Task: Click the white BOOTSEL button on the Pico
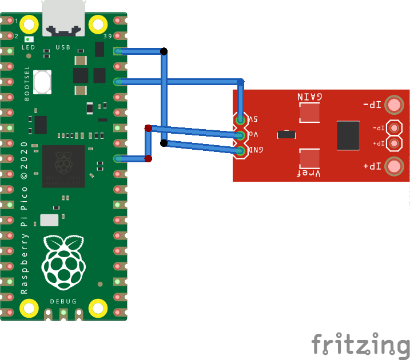point(42,82)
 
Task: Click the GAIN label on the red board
point(309,97)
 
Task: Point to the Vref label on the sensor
point(309,173)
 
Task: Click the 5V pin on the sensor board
point(241,119)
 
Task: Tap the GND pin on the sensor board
point(241,150)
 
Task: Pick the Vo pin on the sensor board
point(241,135)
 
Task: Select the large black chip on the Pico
point(63,166)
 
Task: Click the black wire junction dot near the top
point(164,51)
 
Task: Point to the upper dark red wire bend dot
point(148,128)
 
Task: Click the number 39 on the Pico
point(108,37)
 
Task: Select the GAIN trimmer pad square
point(309,113)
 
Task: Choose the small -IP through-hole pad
point(393,128)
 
